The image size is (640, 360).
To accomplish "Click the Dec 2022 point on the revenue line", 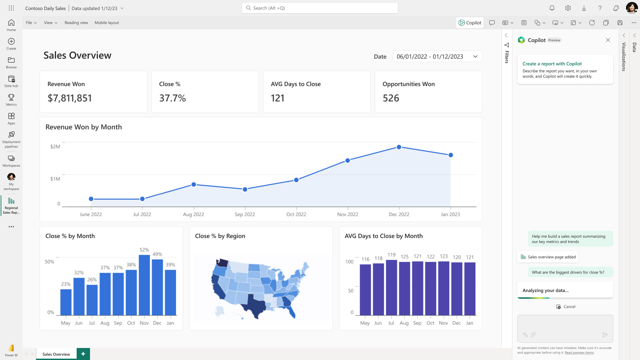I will click(x=399, y=147).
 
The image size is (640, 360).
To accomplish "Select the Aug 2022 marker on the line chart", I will click(x=194, y=184).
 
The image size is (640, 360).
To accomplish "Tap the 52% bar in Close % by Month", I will click(x=144, y=285).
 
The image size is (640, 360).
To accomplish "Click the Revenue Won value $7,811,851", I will click(x=70, y=98).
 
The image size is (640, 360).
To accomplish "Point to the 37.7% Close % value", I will click(x=172, y=98).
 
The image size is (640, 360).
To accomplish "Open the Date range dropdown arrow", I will click(x=475, y=56).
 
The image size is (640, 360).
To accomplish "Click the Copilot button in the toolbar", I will click(x=470, y=23).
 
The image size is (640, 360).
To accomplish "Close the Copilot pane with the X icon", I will click(x=608, y=40).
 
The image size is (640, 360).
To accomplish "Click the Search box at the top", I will click(x=320, y=8).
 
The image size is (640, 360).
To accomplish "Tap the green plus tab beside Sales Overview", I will click(x=83, y=354).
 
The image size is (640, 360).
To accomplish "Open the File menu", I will click(x=31, y=23).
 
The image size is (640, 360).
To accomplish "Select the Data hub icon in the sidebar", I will click(x=11, y=81).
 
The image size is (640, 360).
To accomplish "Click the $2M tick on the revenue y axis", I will click(x=55, y=146).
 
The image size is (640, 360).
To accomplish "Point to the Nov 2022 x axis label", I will click(x=347, y=214).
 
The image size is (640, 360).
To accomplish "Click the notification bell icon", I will click(x=552, y=8).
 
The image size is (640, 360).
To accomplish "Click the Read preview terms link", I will click(x=579, y=353).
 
